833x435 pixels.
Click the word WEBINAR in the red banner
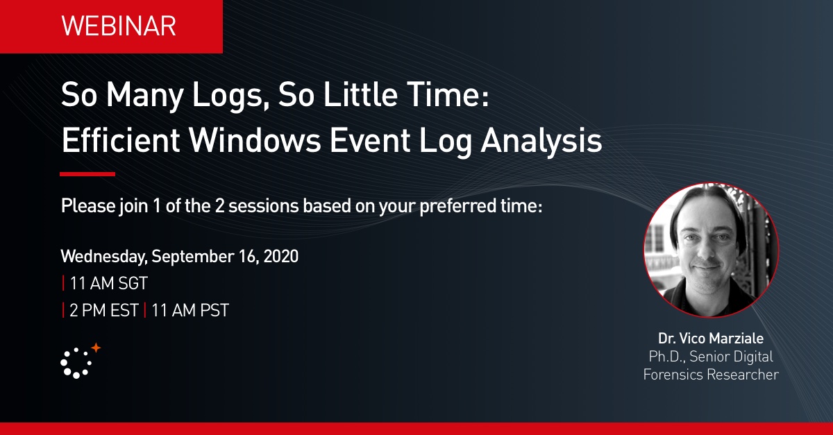(119, 26)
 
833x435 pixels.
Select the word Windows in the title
(255, 141)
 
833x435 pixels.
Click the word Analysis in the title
(541, 142)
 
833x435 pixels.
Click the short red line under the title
(87, 174)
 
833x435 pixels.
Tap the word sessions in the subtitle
(263, 206)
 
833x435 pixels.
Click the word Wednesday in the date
(104, 257)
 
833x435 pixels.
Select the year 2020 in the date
(280, 257)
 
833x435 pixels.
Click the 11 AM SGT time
(108, 283)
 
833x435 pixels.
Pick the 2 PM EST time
(104, 310)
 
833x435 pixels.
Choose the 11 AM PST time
(190, 310)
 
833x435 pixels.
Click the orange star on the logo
(96, 348)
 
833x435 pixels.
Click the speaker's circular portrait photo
(711, 250)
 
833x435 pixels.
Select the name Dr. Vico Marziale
(711, 339)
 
